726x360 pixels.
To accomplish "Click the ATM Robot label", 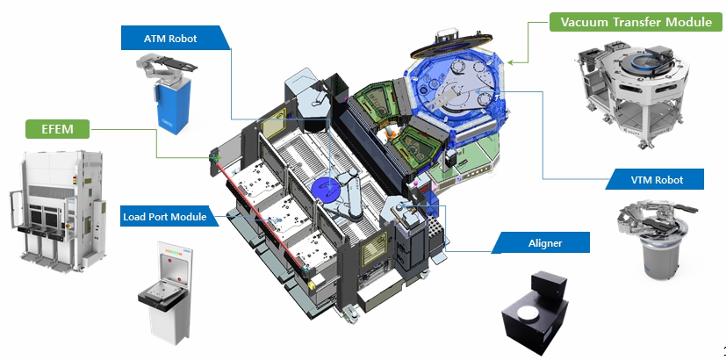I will [171, 38].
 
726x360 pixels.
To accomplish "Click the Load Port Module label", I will [165, 216].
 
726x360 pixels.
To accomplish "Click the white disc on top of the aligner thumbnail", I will [527, 313].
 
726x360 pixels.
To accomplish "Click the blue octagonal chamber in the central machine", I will [455, 97].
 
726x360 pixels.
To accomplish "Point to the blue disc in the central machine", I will [326, 190].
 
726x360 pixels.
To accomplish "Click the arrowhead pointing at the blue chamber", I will [510, 61].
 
